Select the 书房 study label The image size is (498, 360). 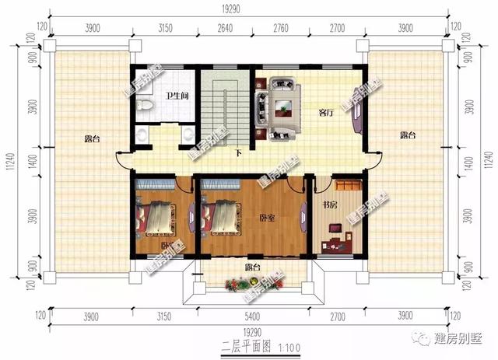330,205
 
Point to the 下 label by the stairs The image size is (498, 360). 237,152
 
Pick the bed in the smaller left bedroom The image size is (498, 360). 156,218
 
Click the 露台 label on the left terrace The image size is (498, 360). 93,139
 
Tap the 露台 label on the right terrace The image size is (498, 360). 408,135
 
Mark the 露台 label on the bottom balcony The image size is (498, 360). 252,268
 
